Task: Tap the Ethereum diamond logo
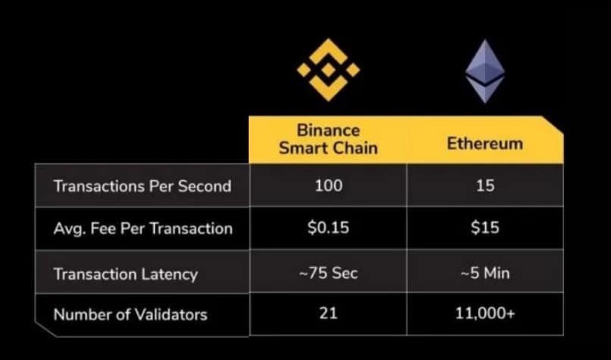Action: [484, 72]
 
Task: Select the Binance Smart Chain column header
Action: [327, 139]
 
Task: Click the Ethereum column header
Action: [484, 143]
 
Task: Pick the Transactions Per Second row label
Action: [142, 186]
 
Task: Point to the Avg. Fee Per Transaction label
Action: [143, 229]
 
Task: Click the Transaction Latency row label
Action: [125, 274]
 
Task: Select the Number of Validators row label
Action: [130, 314]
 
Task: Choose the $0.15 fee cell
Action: [328, 228]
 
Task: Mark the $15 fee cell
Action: [485, 228]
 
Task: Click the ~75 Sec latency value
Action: [328, 273]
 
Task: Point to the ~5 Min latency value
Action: [485, 273]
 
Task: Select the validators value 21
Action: [328, 313]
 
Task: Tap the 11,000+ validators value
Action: [485, 313]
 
